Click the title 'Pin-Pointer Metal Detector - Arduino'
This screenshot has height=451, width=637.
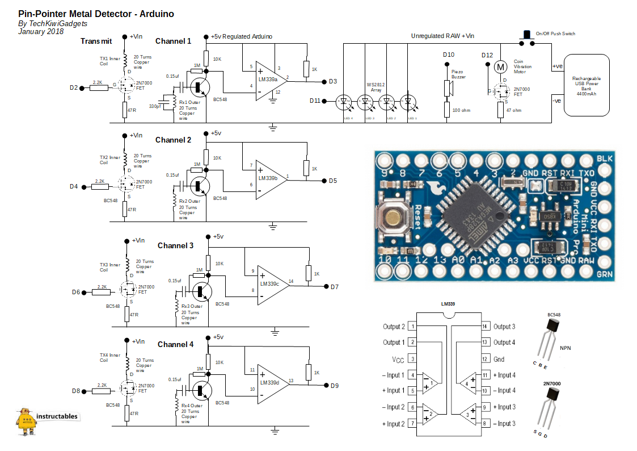(96, 13)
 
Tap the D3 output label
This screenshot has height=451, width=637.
(333, 82)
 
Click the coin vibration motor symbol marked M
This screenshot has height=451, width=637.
(500, 67)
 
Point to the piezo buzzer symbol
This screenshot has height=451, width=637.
(448, 89)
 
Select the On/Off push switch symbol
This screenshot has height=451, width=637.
(526, 36)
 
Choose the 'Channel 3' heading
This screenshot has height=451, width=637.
(175, 245)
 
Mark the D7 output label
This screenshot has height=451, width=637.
(335, 287)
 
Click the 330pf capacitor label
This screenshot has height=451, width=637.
(155, 106)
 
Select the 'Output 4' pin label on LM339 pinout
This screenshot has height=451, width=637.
(504, 343)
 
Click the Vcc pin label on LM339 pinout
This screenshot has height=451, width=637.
(398, 359)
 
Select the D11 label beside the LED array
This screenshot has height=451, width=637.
(315, 101)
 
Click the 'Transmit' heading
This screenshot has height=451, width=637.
(96, 41)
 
